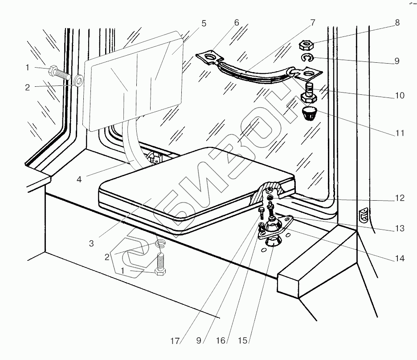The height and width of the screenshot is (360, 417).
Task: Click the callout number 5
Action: [x=204, y=24]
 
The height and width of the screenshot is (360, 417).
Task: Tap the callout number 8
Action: [x=397, y=23]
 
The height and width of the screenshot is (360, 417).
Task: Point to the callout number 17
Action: [x=175, y=341]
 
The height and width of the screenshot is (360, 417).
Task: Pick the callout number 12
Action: [x=399, y=198]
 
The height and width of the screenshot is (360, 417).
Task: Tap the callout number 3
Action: [x=91, y=243]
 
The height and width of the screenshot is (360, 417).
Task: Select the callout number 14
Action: [x=399, y=258]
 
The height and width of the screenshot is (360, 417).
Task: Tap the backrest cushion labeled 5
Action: [x=134, y=80]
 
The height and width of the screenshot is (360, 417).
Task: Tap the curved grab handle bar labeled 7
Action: [x=254, y=73]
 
